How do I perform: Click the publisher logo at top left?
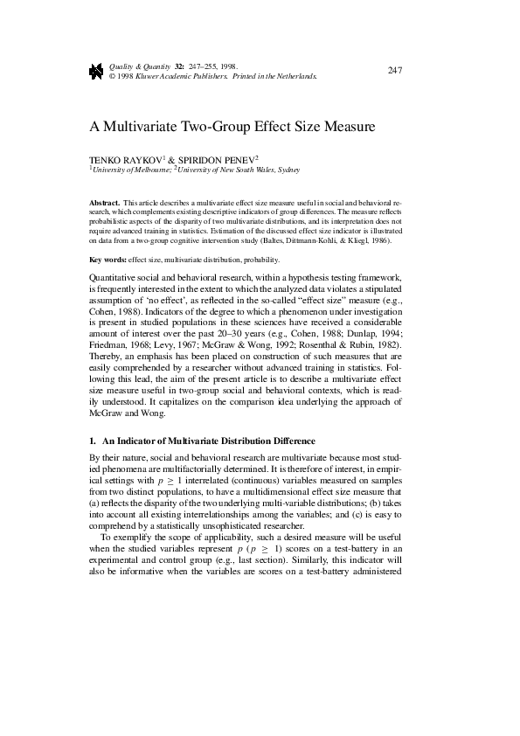(97, 71)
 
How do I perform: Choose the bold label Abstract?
(104, 202)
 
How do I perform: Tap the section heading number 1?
(93, 441)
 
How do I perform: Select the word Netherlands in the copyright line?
(296, 75)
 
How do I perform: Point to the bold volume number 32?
(179, 66)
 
